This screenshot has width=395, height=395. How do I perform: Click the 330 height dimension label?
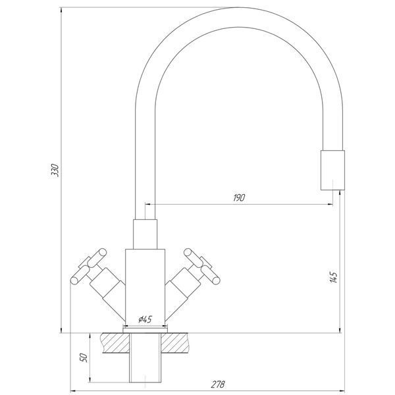tap(55, 170)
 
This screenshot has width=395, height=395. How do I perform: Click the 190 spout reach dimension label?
tap(239, 197)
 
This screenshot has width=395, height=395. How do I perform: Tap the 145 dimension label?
tap(334, 277)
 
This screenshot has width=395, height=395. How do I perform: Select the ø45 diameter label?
tap(145, 319)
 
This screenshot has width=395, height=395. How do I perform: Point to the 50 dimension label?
tap(84, 357)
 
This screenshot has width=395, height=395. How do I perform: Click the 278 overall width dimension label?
tap(218, 384)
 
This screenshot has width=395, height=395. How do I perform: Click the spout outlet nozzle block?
tap(332, 170)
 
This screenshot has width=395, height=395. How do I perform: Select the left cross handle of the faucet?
tap(89, 266)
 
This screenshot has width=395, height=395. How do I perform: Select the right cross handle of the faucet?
tap(202, 266)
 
